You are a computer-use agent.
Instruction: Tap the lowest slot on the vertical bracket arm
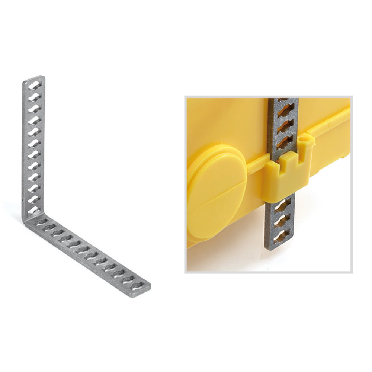tap(34, 211)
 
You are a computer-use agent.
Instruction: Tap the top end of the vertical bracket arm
tap(34, 78)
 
